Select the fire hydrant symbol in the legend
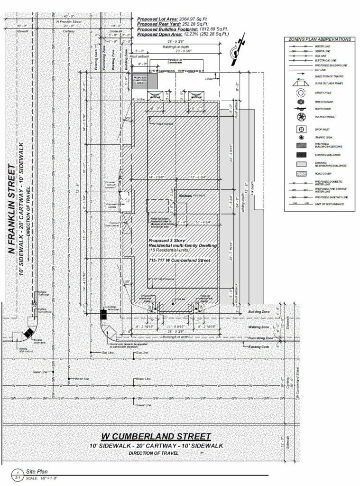click(x=299, y=101)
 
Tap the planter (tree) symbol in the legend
click(x=299, y=117)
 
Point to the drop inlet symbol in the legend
click(x=299, y=129)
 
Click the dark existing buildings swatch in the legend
click(x=299, y=155)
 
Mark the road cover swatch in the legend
click(x=299, y=173)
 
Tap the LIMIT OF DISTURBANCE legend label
click(x=330, y=204)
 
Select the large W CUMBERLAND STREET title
click(x=157, y=436)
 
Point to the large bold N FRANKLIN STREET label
click(x=12, y=209)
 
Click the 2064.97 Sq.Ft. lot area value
click(x=197, y=19)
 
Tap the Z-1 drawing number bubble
click(x=17, y=475)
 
